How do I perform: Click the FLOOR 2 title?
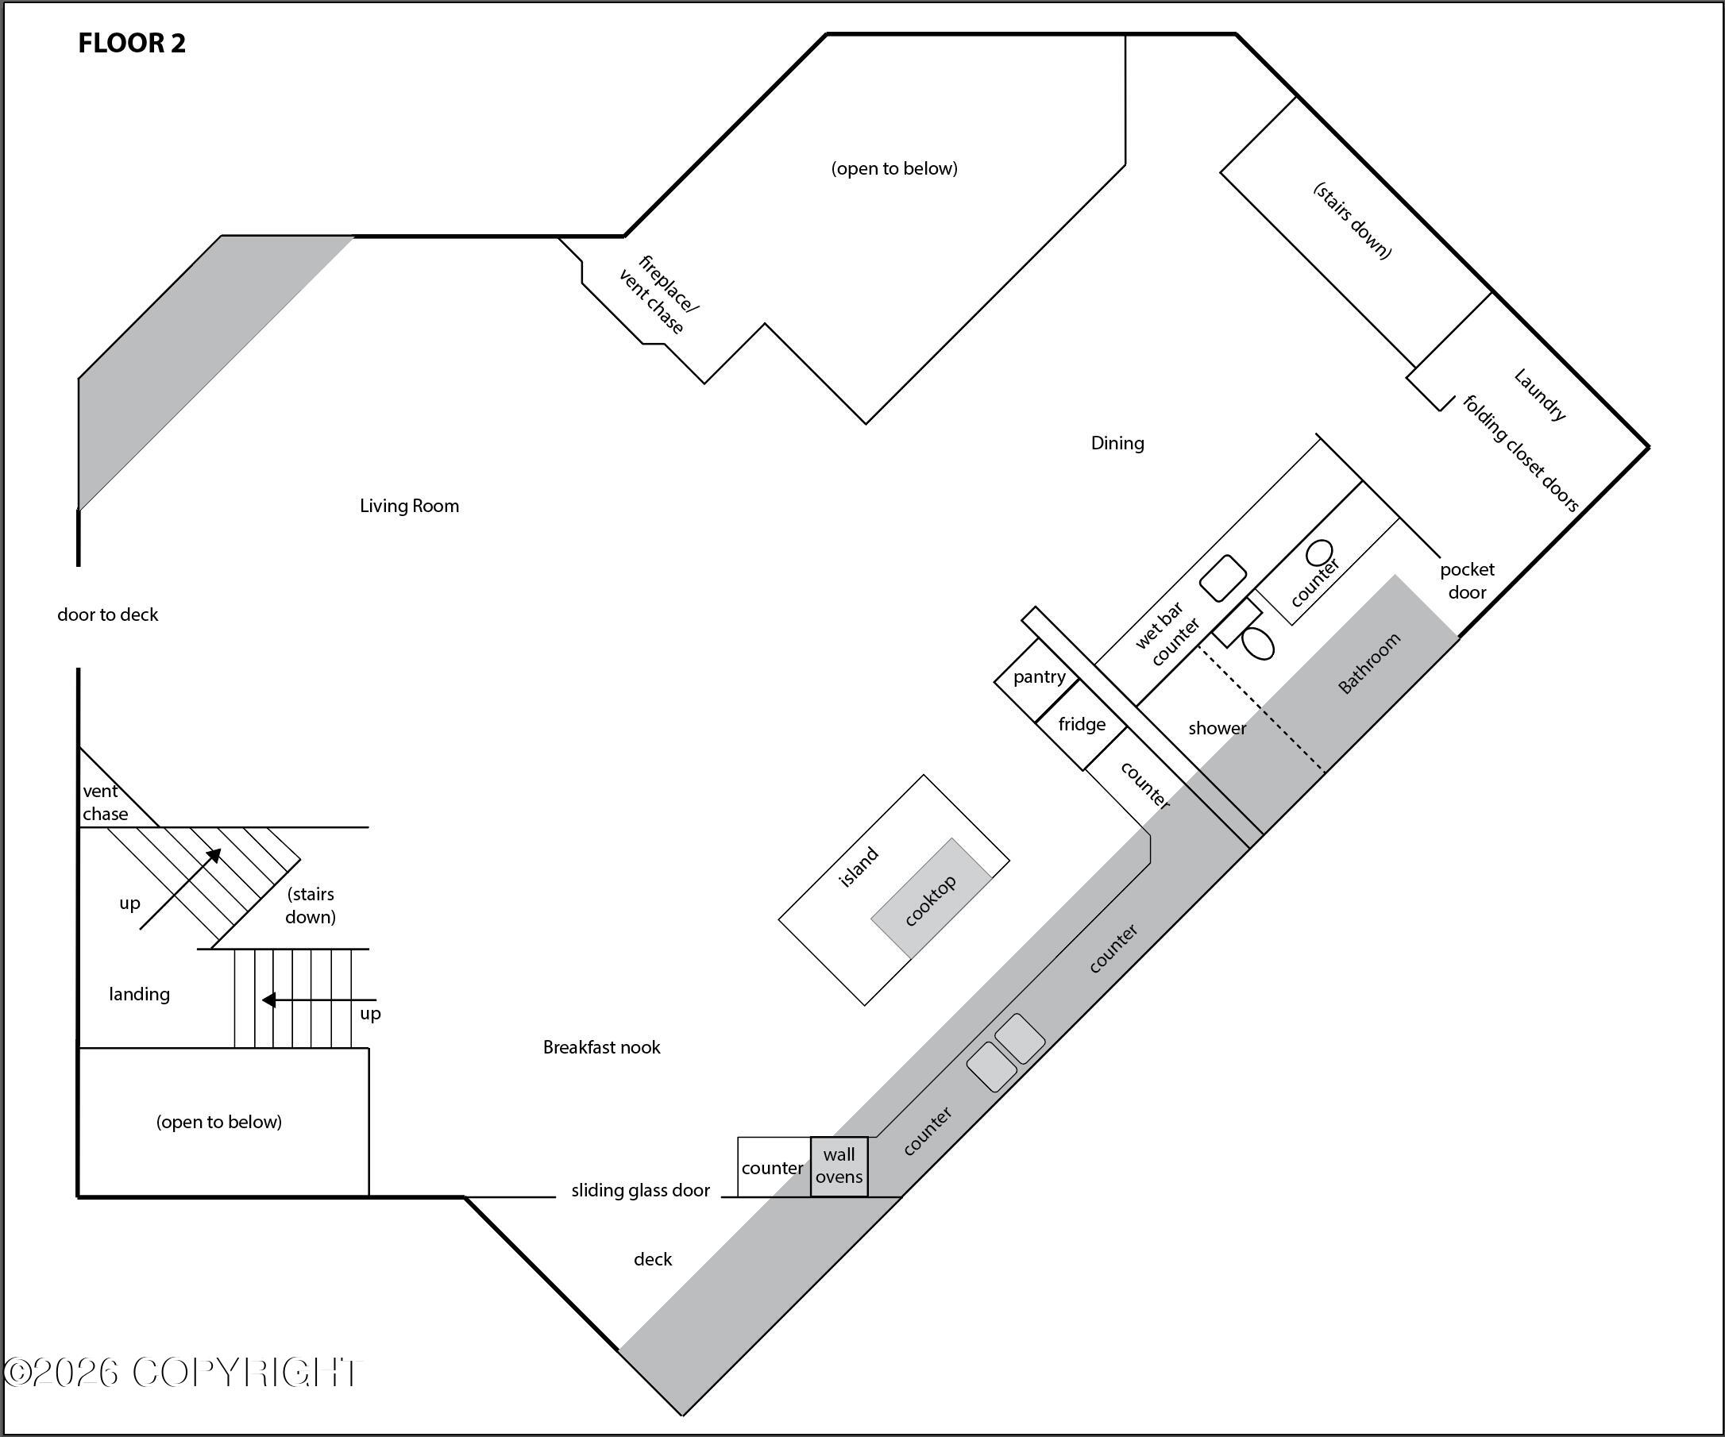(x=131, y=43)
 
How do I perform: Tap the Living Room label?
(x=409, y=506)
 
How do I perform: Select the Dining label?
(x=1117, y=444)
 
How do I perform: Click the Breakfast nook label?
(x=601, y=1047)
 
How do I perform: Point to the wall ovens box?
(x=839, y=1166)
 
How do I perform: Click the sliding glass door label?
(x=641, y=1191)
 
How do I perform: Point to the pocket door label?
(x=1467, y=580)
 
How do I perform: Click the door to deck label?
(x=107, y=614)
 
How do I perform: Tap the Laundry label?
(x=1540, y=394)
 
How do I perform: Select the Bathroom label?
(x=1369, y=664)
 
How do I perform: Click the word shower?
(x=1218, y=728)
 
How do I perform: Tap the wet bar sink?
(x=1223, y=578)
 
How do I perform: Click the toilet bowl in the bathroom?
(x=1257, y=643)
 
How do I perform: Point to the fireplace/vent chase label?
(x=658, y=295)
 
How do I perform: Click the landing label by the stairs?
(x=140, y=995)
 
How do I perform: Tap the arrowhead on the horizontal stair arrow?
(x=268, y=1000)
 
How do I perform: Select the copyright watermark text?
(x=183, y=1372)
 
